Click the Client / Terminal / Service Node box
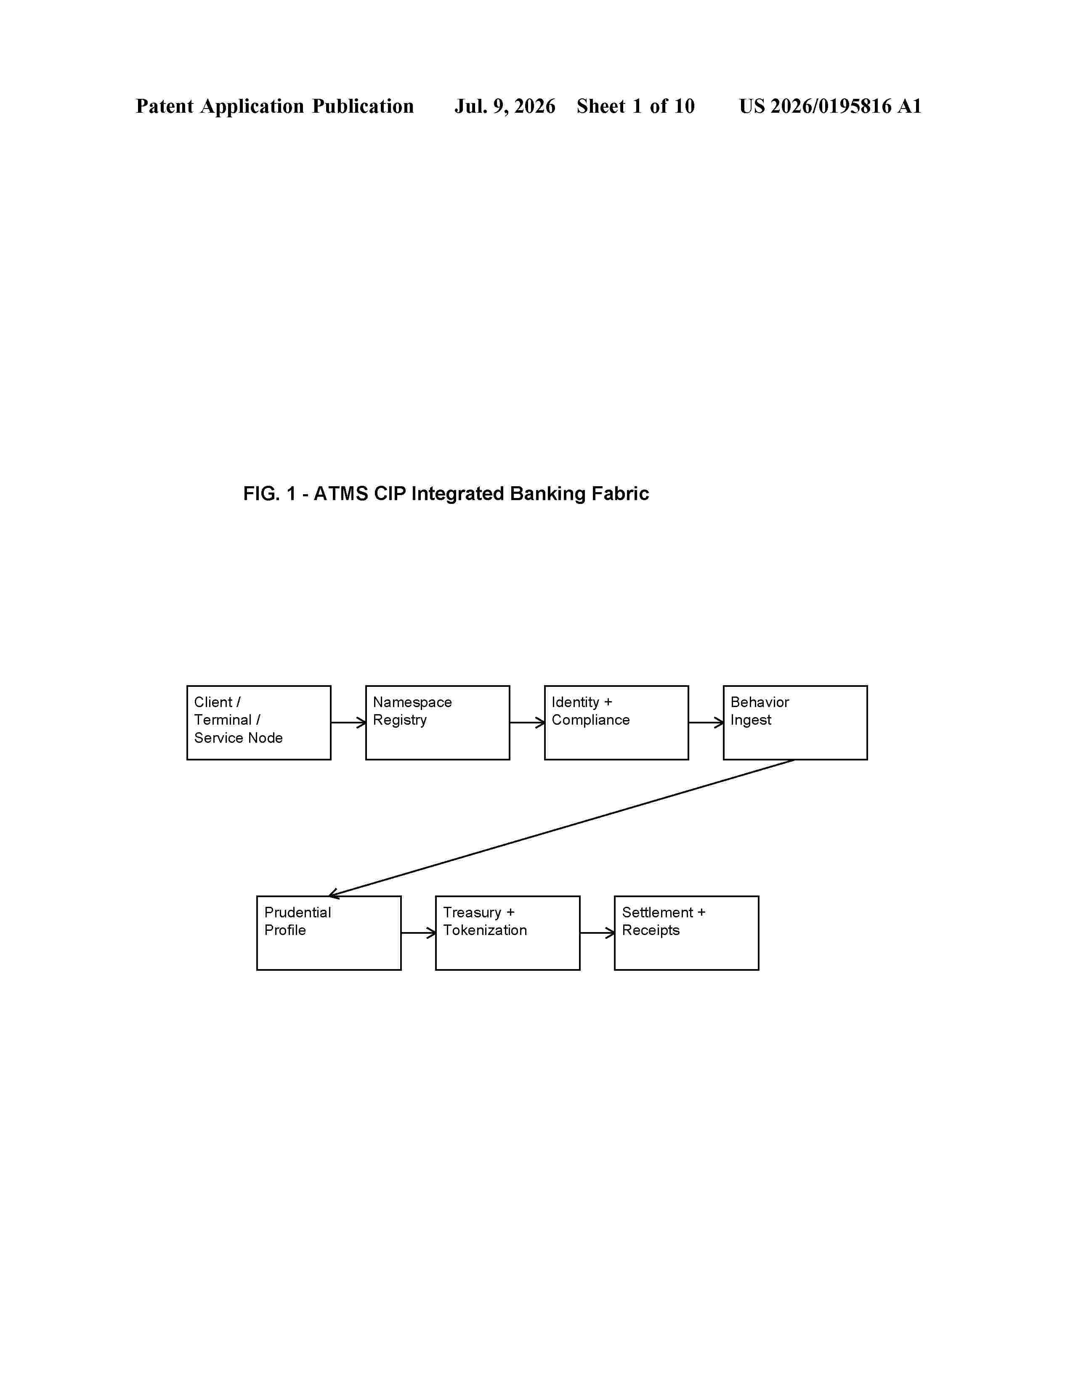[x=259, y=723]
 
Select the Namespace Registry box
[x=437, y=723]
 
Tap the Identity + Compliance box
[x=616, y=723]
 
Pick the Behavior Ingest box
[x=795, y=723]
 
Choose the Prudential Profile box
[x=329, y=933]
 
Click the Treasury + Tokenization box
[x=507, y=933]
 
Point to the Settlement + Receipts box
[x=687, y=933]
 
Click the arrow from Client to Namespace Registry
[x=348, y=723]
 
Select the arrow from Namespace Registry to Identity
[x=527, y=723]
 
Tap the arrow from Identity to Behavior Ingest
[x=706, y=723]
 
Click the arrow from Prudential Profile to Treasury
[x=418, y=933]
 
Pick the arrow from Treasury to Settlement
[x=597, y=933]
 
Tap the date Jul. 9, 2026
[x=505, y=106]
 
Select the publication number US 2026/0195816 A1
[x=830, y=106]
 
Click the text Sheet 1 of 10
[x=636, y=106]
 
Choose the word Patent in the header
[x=165, y=106]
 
